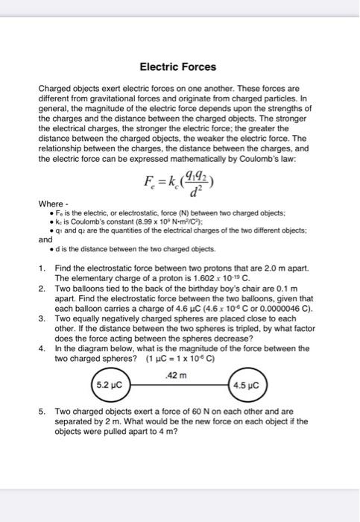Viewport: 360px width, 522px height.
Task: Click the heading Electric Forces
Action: [x=180, y=67]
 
